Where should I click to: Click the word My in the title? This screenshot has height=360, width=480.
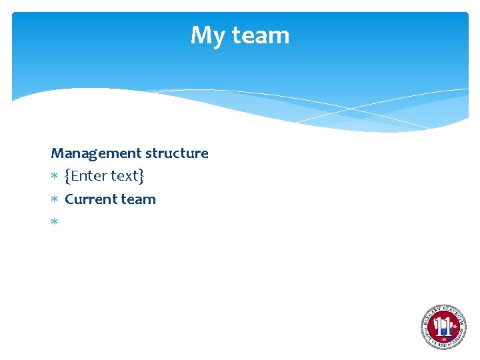(205, 35)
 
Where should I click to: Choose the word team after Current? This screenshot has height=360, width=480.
(138, 199)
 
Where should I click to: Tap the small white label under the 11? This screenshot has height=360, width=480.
(443, 338)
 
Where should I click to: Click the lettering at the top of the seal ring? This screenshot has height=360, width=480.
(443, 310)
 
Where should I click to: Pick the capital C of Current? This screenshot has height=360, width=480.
(69, 199)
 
